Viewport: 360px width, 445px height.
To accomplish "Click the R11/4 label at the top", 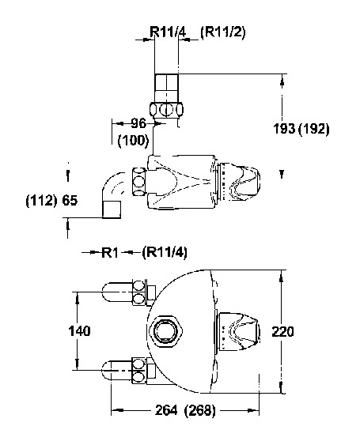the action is click(x=168, y=32).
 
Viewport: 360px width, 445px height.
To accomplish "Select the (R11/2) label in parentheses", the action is click(x=222, y=32).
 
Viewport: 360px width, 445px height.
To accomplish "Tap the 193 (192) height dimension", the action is click(x=301, y=129).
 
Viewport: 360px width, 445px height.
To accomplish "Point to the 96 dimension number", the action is click(x=139, y=123).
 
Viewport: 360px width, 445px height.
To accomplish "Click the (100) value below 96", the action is click(x=133, y=140).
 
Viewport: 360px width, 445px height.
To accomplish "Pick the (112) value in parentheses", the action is click(x=41, y=201).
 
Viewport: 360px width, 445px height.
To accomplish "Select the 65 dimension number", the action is click(x=70, y=201).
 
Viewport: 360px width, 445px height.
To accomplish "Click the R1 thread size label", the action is click(x=110, y=252).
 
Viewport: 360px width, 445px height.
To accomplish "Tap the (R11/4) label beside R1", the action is click(x=165, y=252).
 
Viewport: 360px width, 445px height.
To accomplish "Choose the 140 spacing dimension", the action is click(x=80, y=331).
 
